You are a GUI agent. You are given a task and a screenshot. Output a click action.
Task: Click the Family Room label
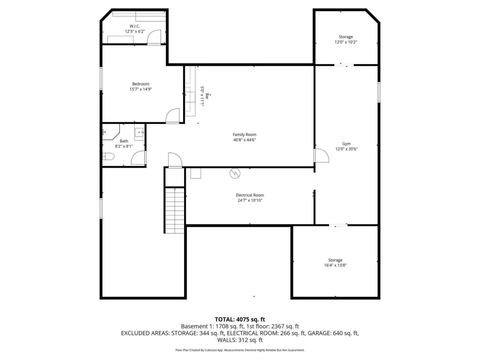[x=244, y=134]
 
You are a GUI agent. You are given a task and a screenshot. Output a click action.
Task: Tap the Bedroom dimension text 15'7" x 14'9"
[x=140, y=89]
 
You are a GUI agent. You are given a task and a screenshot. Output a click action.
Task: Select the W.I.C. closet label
[x=134, y=26]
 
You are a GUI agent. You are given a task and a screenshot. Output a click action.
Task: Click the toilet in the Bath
[x=108, y=156]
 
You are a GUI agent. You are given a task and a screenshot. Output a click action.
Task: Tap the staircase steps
[x=175, y=210]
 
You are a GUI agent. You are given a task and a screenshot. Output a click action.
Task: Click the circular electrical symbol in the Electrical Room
[x=235, y=173]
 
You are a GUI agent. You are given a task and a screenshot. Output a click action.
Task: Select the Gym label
[x=346, y=144]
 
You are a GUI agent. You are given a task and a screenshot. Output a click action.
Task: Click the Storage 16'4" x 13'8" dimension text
[x=335, y=265]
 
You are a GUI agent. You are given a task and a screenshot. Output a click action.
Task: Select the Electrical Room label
[x=250, y=195]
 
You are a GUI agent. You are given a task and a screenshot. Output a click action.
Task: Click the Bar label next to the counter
[x=207, y=96]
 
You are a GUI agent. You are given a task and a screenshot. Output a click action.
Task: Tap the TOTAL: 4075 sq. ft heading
[x=240, y=319]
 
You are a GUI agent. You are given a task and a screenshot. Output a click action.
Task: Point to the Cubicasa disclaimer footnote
[x=240, y=350]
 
